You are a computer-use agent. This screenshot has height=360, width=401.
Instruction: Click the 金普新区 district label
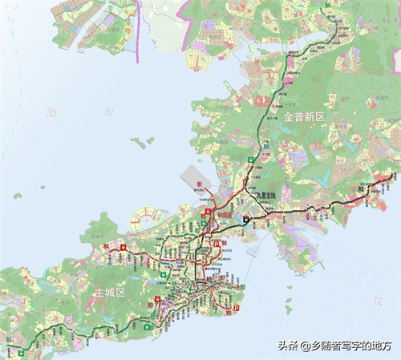tap(304, 117)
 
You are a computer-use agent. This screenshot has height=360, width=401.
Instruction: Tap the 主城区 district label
tap(109, 292)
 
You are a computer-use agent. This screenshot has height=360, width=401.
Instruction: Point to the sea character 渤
tap(53, 113)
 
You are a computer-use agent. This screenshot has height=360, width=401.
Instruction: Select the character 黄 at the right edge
tap(378, 299)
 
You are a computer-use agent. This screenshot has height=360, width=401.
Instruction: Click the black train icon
tap(248, 216)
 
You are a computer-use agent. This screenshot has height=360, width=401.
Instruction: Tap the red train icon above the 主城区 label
tap(122, 248)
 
